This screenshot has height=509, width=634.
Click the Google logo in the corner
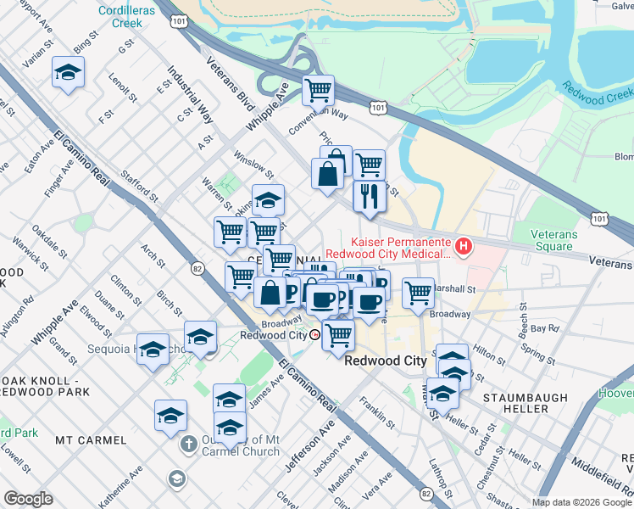pos(28,499)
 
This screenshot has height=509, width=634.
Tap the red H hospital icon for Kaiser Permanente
pos(464,247)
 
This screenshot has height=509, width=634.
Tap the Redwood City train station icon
pos(314,334)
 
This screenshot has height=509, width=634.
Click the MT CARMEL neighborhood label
pos(91,440)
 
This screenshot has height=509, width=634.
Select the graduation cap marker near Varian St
pos(68,73)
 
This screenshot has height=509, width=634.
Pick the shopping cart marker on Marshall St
pos(418,293)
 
